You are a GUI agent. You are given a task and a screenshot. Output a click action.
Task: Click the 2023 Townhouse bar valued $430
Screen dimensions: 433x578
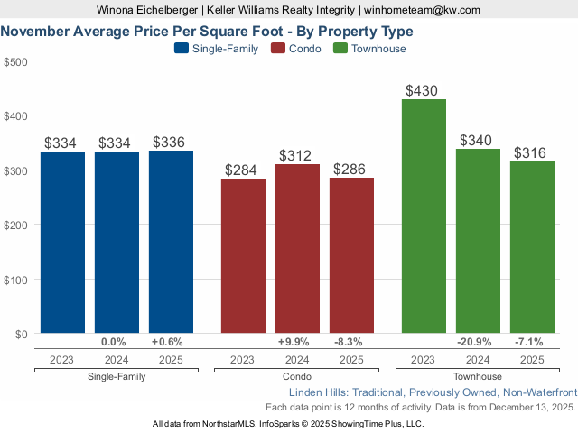coord(424,216)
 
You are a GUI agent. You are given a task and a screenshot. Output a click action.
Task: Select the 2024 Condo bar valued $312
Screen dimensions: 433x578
coord(297,248)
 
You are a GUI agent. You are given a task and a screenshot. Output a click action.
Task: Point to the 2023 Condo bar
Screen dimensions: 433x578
coord(243,256)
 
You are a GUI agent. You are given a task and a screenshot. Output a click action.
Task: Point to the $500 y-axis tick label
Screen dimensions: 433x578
coord(15,61)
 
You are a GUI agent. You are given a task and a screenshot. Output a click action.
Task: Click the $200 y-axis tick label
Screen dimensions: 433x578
coord(15,225)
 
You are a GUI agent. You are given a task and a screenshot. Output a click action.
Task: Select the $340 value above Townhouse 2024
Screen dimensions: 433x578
coord(478,140)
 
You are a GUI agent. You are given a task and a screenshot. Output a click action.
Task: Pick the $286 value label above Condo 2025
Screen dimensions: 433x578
coord(351,169)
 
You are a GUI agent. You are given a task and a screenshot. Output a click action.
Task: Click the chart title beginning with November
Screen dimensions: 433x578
coord(207,30)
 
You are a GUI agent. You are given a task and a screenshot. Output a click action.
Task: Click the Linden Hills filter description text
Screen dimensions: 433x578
coord(432,392)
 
